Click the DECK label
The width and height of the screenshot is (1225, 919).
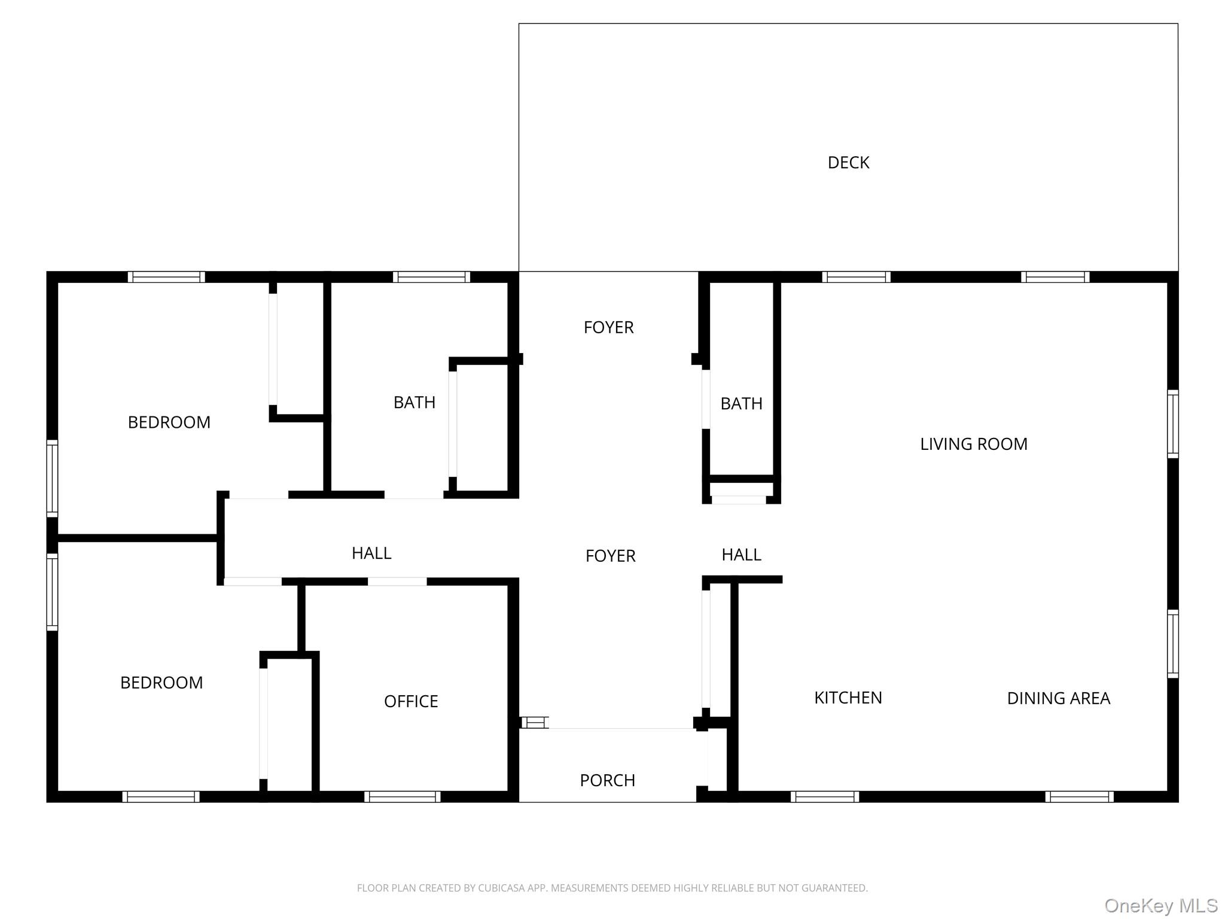[x=848, y=163]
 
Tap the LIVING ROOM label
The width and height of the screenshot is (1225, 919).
[x=973, y=444]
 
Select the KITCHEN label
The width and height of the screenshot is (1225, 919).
[x=848, y=698]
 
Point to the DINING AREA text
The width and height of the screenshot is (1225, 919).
[x=1058, y=698]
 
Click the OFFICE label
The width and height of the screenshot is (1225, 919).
[x=411, y=701]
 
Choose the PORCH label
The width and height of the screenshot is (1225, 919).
[x=607, y=780]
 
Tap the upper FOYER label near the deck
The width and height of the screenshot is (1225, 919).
[x=608, y=327]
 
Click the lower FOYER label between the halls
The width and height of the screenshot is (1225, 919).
[x=610, y=556]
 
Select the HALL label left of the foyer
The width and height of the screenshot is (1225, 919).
[x=371, y=553]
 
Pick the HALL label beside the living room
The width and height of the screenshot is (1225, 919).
[x=741, y=555]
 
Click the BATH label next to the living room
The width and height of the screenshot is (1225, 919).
[x=741, y=404]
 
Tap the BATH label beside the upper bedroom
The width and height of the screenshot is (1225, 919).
[x=414, y=403]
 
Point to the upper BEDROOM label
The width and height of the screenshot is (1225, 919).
[x=169, y=422]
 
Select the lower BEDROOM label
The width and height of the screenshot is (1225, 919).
[x=161, y=683]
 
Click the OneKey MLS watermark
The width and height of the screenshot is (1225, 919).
[x=1160, y=906]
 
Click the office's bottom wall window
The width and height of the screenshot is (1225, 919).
[x=402, y=796]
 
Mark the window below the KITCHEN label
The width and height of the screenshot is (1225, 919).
[x=824, y=796]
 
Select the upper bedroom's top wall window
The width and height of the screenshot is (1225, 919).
[x=166, y=277]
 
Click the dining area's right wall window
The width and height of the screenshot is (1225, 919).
[x=1172, y=644]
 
